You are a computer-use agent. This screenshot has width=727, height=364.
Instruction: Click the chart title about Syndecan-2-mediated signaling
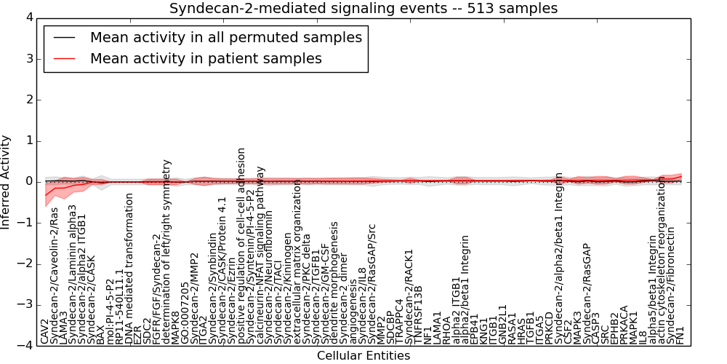coord(363,9)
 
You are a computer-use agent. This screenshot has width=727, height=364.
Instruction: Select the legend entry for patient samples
coord(206,58)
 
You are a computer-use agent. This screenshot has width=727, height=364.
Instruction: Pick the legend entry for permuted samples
coord(226,37)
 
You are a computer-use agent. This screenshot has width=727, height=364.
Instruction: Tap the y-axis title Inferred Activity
coord(7,182)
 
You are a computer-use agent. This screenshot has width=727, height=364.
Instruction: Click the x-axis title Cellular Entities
coord(363,356)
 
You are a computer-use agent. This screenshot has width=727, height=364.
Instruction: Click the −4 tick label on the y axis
coord(25,346)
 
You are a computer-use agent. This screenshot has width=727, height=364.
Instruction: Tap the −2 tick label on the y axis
coord(25,264)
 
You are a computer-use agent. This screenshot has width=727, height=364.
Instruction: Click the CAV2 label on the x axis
coord(45,331)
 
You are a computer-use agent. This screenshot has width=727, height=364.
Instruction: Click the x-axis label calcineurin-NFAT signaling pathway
coord(261,255)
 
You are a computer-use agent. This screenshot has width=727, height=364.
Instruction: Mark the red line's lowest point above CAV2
coord(45,195)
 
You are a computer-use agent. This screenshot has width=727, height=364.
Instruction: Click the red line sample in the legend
coord(64,58)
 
